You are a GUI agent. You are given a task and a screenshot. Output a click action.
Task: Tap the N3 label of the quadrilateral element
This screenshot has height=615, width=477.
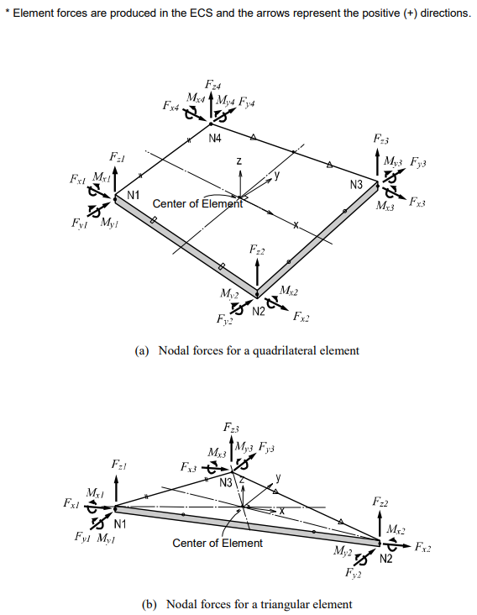(x=356, y=184)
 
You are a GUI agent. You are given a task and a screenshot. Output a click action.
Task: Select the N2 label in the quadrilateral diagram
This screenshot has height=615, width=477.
(x=258, y=311)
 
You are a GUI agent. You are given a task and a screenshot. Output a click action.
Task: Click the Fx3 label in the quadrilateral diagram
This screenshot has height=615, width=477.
(x=417, y=202)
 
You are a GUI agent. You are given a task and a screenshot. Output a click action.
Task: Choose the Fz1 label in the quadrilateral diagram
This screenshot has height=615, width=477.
(x=116, y=156)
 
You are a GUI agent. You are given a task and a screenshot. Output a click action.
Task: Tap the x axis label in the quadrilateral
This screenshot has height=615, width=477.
(x=296, y=225)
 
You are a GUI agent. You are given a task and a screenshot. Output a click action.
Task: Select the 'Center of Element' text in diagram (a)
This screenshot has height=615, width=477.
(x=197, y=203)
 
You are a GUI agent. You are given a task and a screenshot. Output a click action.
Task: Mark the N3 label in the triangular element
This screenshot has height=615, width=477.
(x=225, y=482)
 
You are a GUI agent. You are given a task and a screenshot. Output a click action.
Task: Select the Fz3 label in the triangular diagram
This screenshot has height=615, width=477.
(x=232, y=429)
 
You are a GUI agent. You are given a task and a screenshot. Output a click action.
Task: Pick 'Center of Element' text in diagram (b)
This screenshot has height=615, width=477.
(x=217, y=543)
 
